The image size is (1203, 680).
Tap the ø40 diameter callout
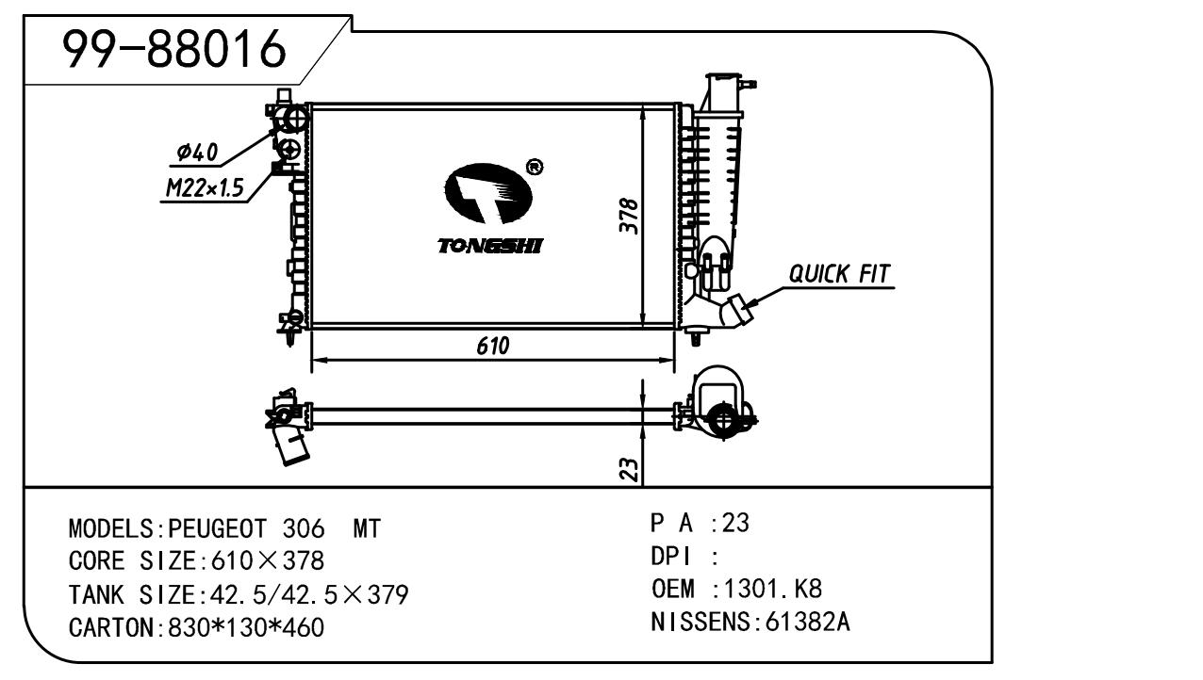(x=197, y=153)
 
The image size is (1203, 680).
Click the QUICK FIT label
(x=839, y=274)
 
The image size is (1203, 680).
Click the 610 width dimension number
(x=492, y=347)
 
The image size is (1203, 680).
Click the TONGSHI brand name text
(x=490, y=247)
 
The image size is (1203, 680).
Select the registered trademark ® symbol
(x=534, y=168)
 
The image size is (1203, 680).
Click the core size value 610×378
(x=263, y=562)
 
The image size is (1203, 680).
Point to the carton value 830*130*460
(x=245, y=627)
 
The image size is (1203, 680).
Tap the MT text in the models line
(x=366, y=529)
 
